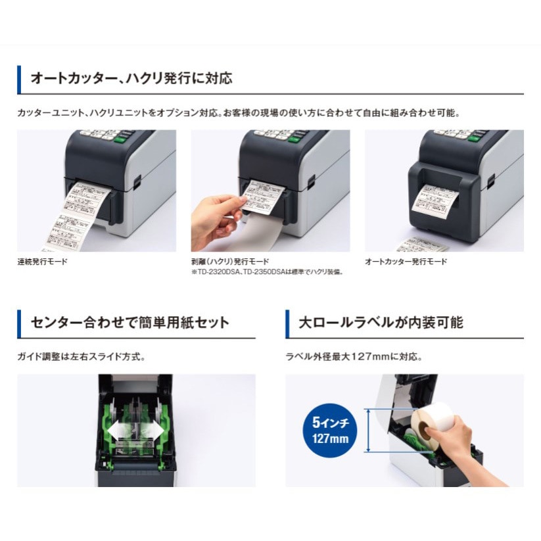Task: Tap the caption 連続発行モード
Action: [42, 262]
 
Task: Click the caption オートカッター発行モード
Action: [406, 262]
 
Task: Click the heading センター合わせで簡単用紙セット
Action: [130, 323]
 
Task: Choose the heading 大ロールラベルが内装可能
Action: [381, 323]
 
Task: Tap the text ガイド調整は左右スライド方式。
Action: [81, 357]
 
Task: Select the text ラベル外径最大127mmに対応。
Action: [353, 357]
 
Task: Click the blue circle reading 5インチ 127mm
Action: [331, 429]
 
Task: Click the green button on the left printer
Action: [121, 138]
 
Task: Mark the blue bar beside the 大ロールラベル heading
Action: [288, 323]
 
